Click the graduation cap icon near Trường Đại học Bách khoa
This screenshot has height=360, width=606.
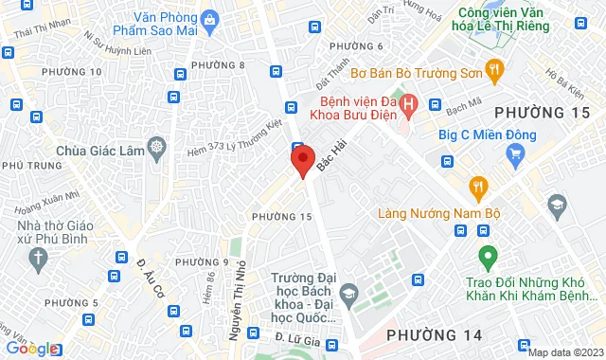tap(348, 293)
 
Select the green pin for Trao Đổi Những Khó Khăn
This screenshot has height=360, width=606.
tap(488, 256)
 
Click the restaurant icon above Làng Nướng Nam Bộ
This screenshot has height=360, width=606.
tap(478, 185)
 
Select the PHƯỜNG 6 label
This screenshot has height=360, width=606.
tap(355, 46)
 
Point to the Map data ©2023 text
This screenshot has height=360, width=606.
tap(564, 352)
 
